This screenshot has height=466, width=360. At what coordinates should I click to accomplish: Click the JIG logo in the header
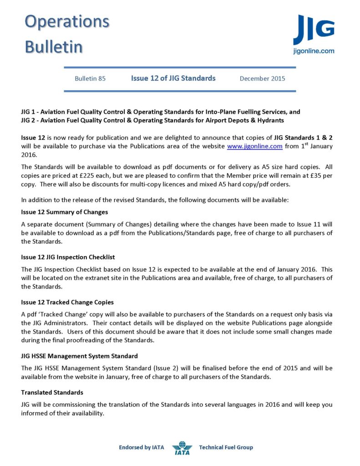314,30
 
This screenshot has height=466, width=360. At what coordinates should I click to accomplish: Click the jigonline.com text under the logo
314,51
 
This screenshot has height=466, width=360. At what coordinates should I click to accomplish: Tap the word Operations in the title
66,21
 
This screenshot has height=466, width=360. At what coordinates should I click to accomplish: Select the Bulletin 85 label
90,78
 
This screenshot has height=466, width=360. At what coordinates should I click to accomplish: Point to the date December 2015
262,78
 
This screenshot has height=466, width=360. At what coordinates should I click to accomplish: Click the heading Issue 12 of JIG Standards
173,78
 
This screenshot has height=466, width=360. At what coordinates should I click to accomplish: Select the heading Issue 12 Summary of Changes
64,212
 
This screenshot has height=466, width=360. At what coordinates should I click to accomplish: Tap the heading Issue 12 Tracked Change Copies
67,302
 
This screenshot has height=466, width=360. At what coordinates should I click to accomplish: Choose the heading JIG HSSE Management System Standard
80,355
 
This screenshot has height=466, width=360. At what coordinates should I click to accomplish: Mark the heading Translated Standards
52,392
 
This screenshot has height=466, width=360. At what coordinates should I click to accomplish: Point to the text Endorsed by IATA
142,447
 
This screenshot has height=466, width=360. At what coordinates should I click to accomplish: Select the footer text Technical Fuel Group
226,447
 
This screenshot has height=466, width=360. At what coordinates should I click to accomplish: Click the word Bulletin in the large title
54,46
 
